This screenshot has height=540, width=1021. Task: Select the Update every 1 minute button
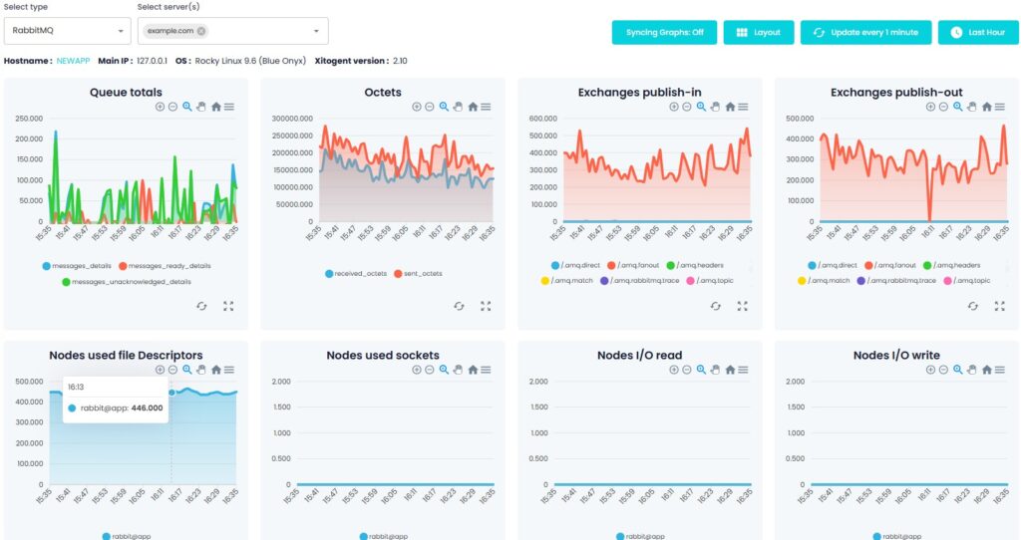click(865, 32)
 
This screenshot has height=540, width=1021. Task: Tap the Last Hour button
click(977, 32)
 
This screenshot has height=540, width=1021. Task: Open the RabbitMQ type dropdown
click(68, 31)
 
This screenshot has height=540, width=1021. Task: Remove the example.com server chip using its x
click(202, 31)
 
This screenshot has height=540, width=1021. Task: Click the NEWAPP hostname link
click(73, 61)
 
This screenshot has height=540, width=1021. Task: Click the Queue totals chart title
click(126, 93)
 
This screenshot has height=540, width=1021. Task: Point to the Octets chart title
click(383, 93)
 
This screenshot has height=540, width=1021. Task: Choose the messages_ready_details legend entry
click(165, 266)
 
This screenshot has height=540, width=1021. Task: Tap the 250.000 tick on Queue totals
click(28, 118)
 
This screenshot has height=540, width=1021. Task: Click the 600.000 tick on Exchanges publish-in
click(542, 118)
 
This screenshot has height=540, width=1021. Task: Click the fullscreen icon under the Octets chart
click(486, 306)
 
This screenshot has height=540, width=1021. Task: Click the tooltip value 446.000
click(149, 407)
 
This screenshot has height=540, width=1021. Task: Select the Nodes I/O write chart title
click(896, 355)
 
